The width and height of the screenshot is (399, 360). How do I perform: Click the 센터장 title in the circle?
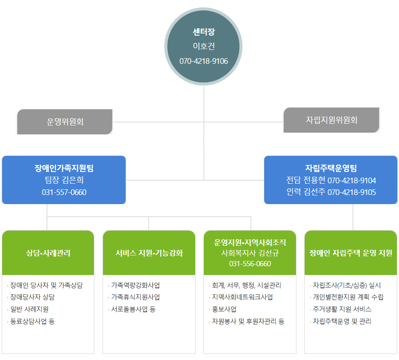[203, 32]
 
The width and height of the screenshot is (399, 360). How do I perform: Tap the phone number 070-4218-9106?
[203, 61]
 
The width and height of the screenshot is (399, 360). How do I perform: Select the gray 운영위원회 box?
[65, 122]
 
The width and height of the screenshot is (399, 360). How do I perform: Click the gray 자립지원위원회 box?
[331, 120]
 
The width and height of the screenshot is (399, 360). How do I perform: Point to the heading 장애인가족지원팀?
[64, 168]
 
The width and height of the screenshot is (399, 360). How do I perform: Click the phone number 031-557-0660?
[64, 192]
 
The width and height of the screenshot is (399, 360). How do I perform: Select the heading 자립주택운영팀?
[331, 168]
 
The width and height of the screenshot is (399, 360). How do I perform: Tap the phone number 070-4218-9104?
[352, 180]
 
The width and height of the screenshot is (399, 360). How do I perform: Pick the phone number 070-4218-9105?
[352, 192]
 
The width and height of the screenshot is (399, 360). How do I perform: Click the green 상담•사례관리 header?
[48, 253]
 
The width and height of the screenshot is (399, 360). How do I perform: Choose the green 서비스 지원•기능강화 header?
[149, 253]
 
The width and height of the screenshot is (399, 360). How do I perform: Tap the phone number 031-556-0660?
[250, 264]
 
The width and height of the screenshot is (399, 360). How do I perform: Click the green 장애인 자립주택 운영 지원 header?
[351, 253]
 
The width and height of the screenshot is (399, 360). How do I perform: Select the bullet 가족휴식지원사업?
[135, 297]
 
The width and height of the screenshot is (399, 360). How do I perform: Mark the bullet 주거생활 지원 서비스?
[342, 309]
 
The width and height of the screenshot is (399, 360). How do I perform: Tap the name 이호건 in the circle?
[203, 46]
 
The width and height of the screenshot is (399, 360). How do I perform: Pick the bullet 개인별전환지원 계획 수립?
[348, 297]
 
